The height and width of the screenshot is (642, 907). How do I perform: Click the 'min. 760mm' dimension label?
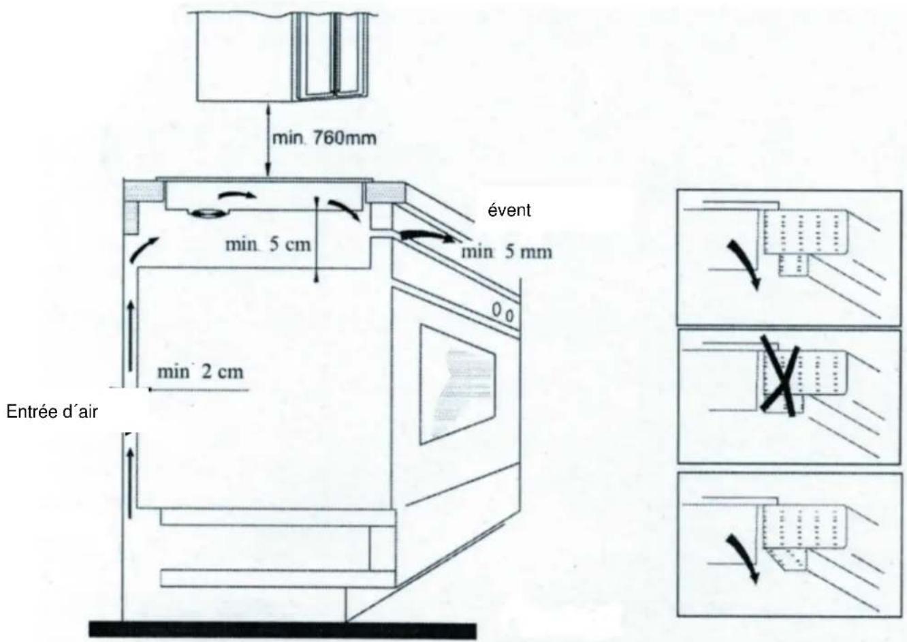click(x=323, y=138)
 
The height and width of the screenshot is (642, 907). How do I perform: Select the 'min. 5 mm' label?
click(x=507, y=252)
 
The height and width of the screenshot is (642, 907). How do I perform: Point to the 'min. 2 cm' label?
click(x=200, y=373)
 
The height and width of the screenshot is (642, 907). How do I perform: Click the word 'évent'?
click(x=510, y=211)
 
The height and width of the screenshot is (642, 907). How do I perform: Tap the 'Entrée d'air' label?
click(x=53, y=412)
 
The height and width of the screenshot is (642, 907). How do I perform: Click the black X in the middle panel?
click(x=781, y=377)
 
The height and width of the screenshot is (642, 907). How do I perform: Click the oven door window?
click(x=453, y=382)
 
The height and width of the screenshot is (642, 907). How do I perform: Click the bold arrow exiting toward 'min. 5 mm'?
click(x=426, y=236)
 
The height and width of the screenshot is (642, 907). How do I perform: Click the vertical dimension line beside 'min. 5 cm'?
click(x=317, y=239)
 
